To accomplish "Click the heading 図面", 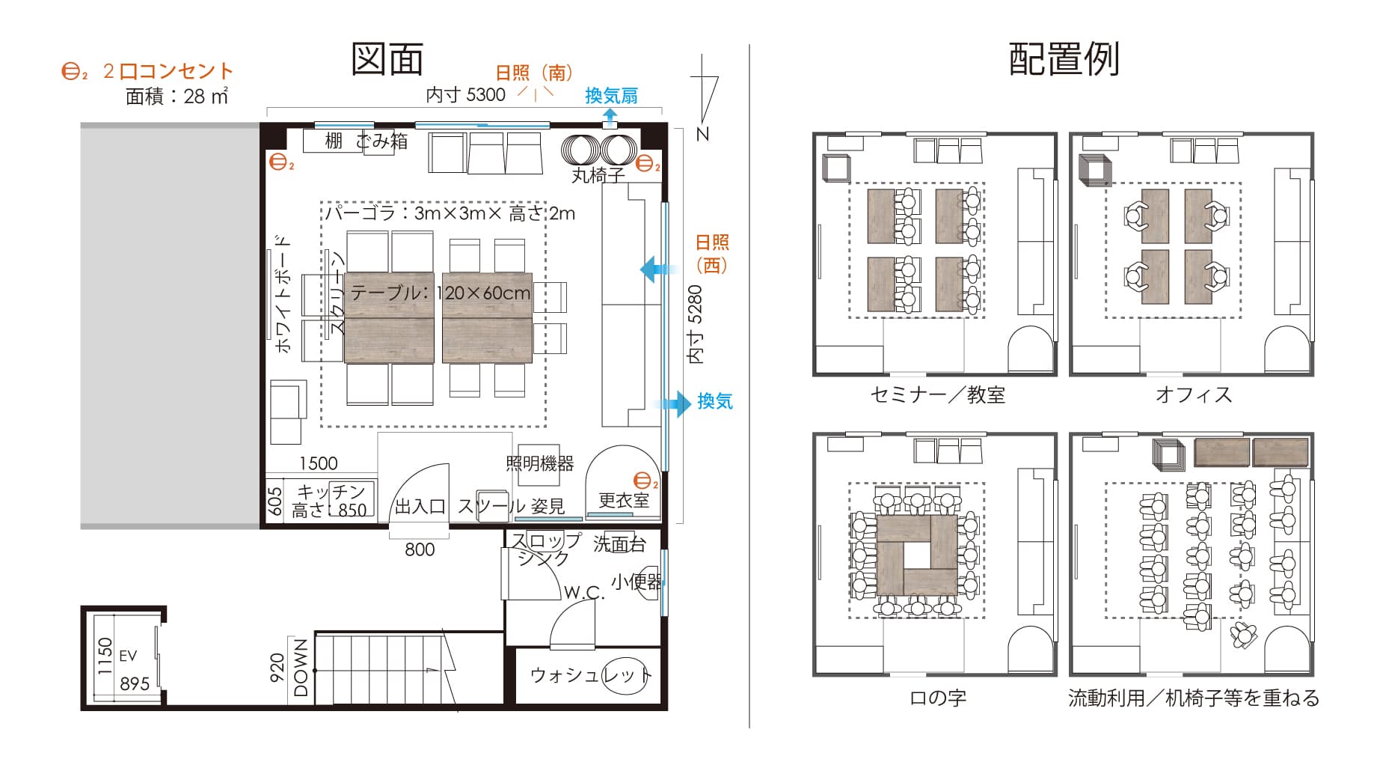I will pyautogui.click(x=387, y=59).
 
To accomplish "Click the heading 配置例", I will pyautogui.click(x=1064, y=59).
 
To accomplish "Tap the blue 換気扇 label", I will pyautogui.click(x=611, y=96).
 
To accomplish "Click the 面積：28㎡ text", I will pyautogui.click(x=177, y=97).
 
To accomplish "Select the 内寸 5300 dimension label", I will pyautogui.click(x=465, y=94).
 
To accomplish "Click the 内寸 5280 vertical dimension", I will pyautogui.click(x=696, y=324).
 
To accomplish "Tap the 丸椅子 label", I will pyautogui.click(x=598, y=176).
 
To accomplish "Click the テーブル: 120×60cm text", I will pyautogui.click(x=440, y=293).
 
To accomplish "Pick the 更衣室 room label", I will pyautogui.click(x=623, y=500).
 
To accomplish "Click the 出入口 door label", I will pyautogui.click(x=420, y=507).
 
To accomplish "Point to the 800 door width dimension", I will pyautogui.click(x=420, y=550).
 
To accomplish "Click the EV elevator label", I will pyautogui.click(x=128, y=656).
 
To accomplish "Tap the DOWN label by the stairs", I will pyautogui.click(x=301, y=668).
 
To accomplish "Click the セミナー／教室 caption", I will pyautogui.click(x=937, y=394).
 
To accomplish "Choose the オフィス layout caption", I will pyautogui.click(x=1193, y=394).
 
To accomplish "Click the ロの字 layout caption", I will pyautogui.click(x=937, y=698).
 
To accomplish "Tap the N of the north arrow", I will pyautogui.click(x=702, y=134).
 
